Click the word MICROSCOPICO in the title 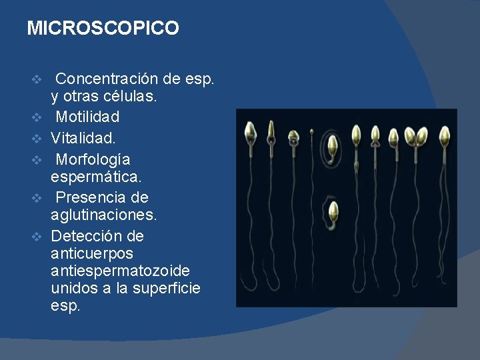[103, 28]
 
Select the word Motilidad [87, 117]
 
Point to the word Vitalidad [83, 139]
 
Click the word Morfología [93, 160]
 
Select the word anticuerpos [92, 254]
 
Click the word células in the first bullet [131, 97]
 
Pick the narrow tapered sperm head [271, 130]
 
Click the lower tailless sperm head [333, 213]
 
